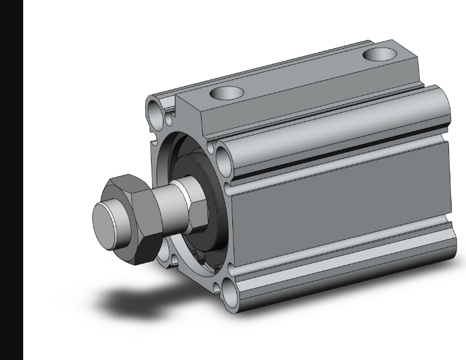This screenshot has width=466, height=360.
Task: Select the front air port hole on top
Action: [226, 93]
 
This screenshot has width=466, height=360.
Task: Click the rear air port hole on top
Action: [379, 54]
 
